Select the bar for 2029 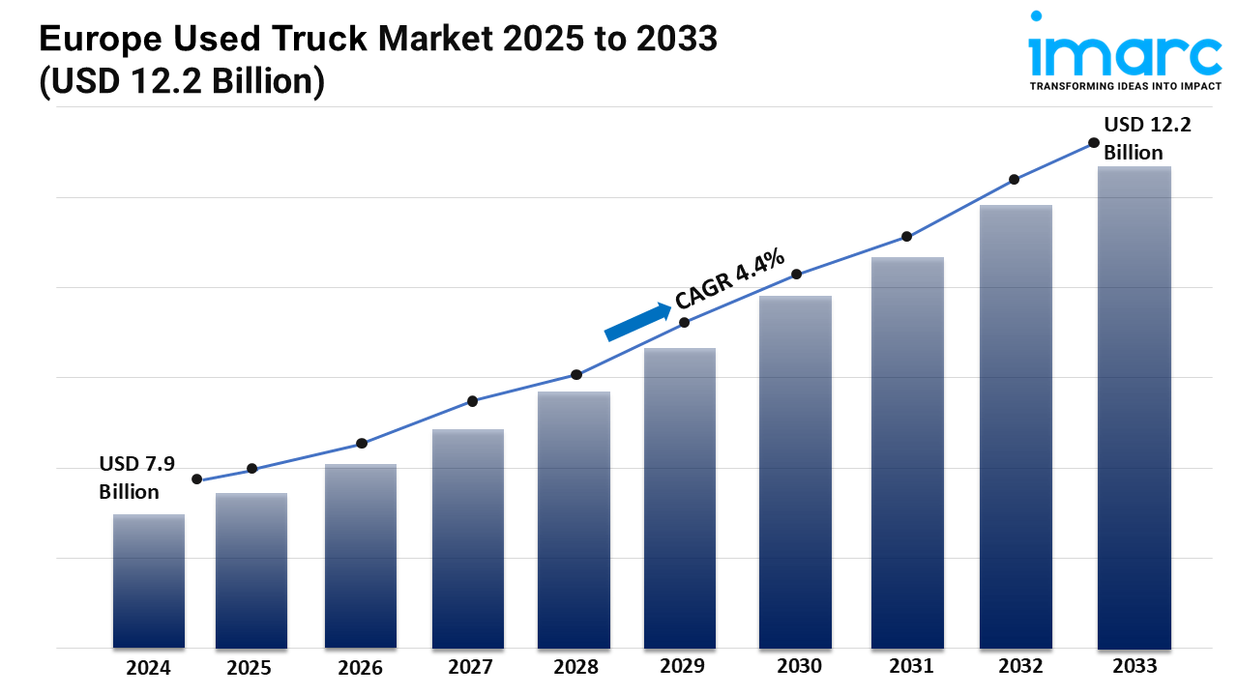(x=680, y=498)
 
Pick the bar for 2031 (x=907, y=452)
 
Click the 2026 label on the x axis (x=361, y=667)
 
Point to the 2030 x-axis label (x=799, y=666)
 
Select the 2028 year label (x=575, y=667)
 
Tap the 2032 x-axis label (x=1020, y=666)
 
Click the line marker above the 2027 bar (x=472, y=401)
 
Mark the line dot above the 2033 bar (x=1094, y=142)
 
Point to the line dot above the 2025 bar (x=252, y=469)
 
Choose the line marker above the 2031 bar (x=907, y=236)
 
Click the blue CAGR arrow (x=637, y=322)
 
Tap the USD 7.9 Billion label (x=136, y=478)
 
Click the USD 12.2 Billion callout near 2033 (x=1134, y=138)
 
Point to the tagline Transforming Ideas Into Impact (x=1125, y=86)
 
